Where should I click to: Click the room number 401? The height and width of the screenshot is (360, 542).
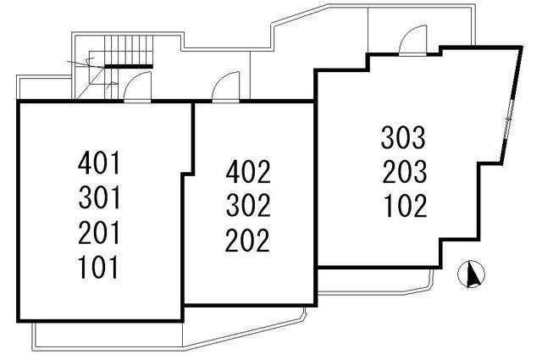(99, 163)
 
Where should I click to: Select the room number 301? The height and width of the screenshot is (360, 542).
(99, 197)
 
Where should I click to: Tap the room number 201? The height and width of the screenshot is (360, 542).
(99, 232)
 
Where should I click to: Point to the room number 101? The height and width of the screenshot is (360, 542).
(98, 267)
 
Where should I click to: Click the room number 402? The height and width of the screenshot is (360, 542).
(248, 171)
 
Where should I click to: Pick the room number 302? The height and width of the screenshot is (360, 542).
(248, 205)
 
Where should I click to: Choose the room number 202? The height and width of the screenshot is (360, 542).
(247, 240)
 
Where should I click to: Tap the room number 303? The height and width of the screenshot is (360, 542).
(403, 137)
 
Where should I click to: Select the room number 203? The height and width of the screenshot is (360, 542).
(405, 171)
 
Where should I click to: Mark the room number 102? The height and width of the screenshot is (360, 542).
(405, 206)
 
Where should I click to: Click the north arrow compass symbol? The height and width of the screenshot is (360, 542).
(471, 274)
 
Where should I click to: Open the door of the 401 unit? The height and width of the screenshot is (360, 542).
(137, 86)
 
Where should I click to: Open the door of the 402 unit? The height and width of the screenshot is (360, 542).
(226, 86)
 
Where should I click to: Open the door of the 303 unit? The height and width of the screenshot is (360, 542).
(412, 41)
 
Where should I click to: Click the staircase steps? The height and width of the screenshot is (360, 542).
(129, 49)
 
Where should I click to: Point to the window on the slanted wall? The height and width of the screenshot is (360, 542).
(509, 119)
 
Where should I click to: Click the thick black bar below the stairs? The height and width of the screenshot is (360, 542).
(129, 66)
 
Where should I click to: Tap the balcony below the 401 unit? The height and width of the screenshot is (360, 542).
(108, 336)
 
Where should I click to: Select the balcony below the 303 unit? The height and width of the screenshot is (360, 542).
(375, 281)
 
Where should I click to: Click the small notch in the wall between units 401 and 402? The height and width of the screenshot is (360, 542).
(188, 174)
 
